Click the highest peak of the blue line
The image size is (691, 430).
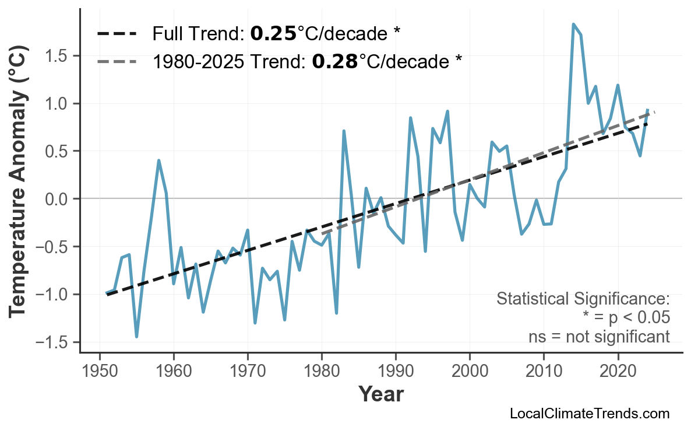click(573, 25)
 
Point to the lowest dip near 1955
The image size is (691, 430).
click(136, 336)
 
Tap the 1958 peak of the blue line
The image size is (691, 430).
click(158, 160)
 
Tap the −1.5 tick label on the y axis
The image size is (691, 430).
click(53, 342)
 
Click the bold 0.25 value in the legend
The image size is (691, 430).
click(273, 34)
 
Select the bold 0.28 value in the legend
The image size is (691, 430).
click(335, 61)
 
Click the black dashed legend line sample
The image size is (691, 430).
click(117, 34)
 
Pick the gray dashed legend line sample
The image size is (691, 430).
click(117, 61)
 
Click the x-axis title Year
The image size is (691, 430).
click(380, 394)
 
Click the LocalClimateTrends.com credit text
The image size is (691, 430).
click(589, 414)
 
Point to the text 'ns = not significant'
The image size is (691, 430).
click(598, 337)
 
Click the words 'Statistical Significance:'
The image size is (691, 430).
click(583, 299)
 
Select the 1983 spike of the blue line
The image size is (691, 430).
click(344, 132)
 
